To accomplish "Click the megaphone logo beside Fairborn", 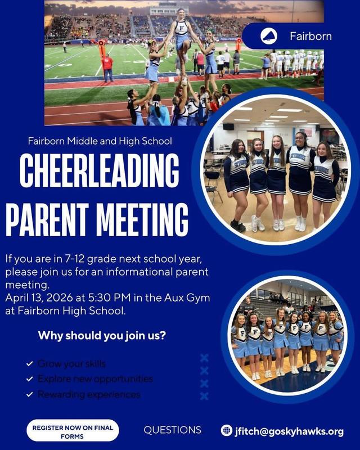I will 268,37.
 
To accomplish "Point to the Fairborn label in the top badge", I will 310,37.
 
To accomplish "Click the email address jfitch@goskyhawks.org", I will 289,431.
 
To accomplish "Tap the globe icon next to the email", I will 227,431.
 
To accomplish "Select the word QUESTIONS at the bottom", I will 172,430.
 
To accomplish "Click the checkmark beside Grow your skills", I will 29,364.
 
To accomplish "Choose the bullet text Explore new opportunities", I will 94,379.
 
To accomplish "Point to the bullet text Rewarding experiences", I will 88,394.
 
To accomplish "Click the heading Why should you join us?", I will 101,336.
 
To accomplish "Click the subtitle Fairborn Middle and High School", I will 100,141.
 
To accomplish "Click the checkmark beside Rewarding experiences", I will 29,395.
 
